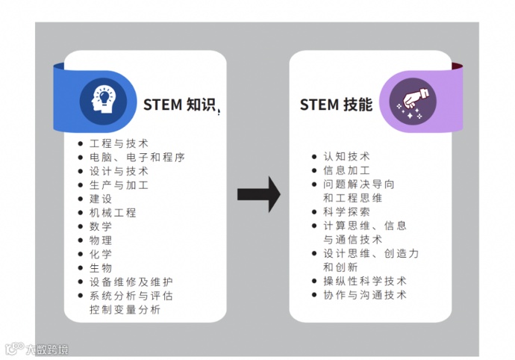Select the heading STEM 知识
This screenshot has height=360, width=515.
pyautogui.click(x=181, y=105)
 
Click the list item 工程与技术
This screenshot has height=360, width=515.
pyautogui.click(x=119, y=143)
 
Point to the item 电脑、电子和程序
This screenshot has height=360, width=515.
pyautogui.click(x=137, y=157)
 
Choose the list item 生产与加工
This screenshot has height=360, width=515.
pyautogui.click(x=119, y=184)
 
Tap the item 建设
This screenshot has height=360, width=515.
pyautogui.click(x=101, y=199)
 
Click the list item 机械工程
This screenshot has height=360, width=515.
pyautogui.click(x=113, y=212)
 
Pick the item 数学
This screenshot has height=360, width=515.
pyautogui.click(x=101, y=226)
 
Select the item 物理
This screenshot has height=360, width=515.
pyautogui.click(x=101, y=240)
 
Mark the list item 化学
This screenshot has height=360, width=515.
pyautogui.click(x=101, y=254)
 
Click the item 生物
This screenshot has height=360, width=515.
pyautogui.click(x=101, y=267)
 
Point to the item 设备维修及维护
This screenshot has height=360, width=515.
pyautogui.click(x=131, y=282)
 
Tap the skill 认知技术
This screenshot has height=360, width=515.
pyautogui.click(x=346, y=157)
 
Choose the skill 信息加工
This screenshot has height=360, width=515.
pyautogui.click(x=346, y=170)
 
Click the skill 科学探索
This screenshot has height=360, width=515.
pyautogui.click(x=346, y=211)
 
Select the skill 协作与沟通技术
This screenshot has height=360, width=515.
pyautogui.click(x=364, y=294)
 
